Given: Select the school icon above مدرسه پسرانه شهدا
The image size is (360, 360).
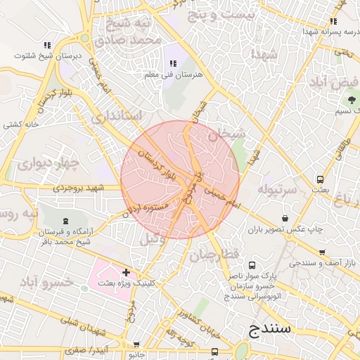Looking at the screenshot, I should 333,22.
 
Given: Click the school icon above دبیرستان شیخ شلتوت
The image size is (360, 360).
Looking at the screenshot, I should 47,45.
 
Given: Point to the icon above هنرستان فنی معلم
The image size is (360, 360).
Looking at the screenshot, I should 173,64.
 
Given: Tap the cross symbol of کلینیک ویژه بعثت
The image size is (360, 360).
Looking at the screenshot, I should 126,272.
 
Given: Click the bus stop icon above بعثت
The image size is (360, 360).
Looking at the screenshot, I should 321,179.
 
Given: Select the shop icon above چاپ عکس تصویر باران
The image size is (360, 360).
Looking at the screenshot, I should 285,218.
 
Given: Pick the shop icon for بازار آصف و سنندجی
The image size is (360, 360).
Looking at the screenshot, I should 322,252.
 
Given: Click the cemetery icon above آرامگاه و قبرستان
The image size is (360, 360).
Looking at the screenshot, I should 66,221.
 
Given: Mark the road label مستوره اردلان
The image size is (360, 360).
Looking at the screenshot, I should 146,209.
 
